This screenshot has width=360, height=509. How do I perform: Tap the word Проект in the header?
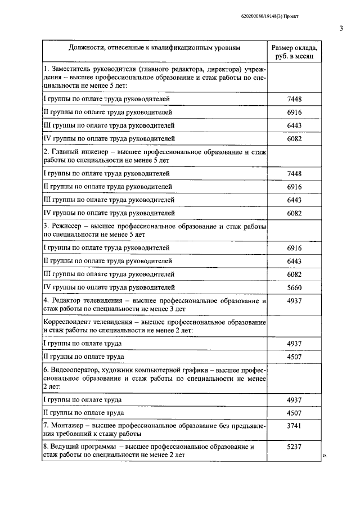click(x=290, y=17)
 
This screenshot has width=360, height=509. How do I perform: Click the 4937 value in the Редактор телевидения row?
click(x=294, y=301)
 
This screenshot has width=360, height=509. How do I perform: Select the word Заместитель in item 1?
click(x=73, y=69)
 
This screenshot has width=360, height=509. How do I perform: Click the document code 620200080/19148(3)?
click(x=255, y=17)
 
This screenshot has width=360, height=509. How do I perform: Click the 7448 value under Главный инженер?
click(x=294, y=173)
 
